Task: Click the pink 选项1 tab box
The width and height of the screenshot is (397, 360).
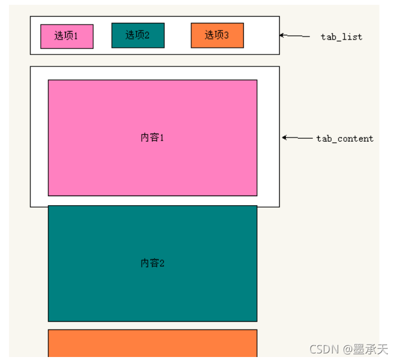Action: click(x=67, y=36)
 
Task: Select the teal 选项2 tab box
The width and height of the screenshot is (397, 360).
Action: click(x=138, y=35)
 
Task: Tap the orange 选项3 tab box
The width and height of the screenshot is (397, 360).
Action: click(x=217, y=35)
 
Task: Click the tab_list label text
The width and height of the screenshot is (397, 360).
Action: click(x=341, y=37)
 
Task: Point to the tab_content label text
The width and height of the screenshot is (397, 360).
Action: click(x=344, y=139)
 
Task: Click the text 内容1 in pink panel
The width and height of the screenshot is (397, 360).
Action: click(x=152, y=138)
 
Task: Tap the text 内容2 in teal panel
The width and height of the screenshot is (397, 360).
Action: click(x=152, y=263)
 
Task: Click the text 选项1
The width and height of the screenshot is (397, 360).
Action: click(x=66, y=36)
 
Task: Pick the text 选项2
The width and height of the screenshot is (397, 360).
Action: click(x=138, y=35)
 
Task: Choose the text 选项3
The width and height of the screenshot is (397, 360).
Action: click(x=216, y=35)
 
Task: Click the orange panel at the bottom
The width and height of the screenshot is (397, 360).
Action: click(x=152, y=343)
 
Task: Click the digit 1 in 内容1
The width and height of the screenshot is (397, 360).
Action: click(x=161, y=138)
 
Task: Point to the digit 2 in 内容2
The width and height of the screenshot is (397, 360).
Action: click(x=161, y=263)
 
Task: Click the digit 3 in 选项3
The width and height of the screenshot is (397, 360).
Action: click(x=226, y=35)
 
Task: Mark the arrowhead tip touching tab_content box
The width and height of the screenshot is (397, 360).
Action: click(x=283, y=138)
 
